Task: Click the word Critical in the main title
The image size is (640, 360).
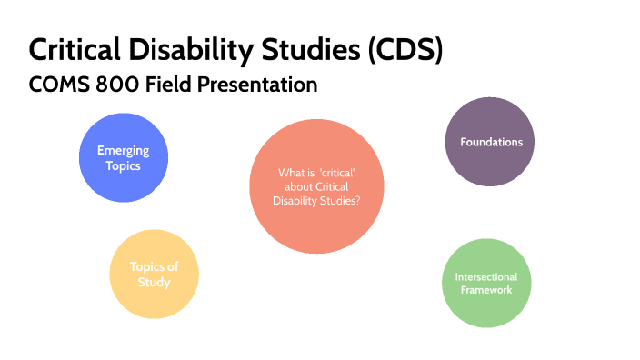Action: (x=75, y=49)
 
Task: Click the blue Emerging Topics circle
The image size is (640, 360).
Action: (x=123, y=158)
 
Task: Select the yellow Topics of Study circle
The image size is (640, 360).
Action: (x=153, y=274)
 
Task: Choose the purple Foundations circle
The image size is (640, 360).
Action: (x=491, y=142)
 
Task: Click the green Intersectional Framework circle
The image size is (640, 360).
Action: (x=485, y=283)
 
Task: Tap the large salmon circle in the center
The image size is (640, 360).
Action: (x=316, y=185)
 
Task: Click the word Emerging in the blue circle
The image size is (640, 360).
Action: (x=123, y=151)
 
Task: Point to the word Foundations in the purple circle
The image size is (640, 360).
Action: (x=491, y=142)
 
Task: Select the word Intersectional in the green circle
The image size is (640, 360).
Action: (x=485, y=276)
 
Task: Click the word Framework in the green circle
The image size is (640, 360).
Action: (x=485, y=290)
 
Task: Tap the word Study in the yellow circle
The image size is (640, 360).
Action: (x=153, y=282)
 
